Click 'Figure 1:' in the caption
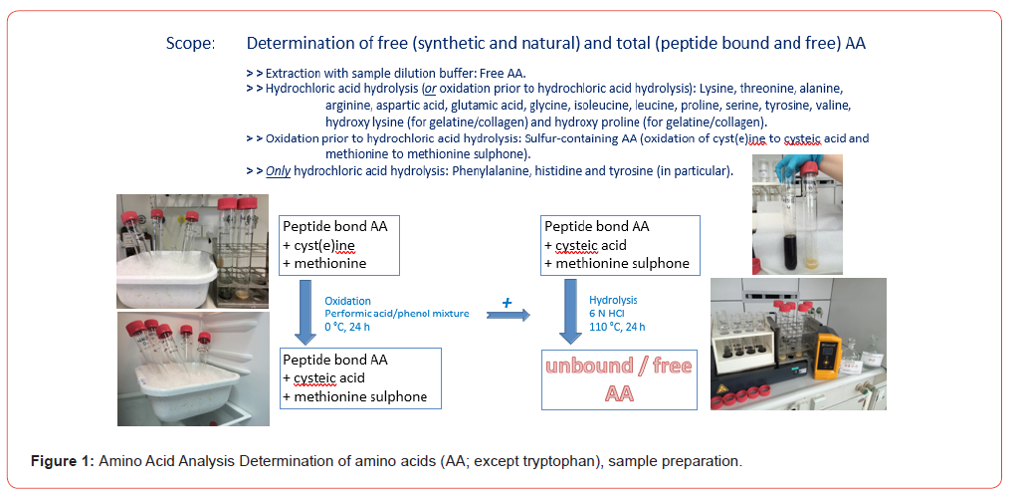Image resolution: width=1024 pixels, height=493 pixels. (x=62, y=462)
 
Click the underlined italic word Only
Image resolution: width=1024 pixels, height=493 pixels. (x=278, y=171)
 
